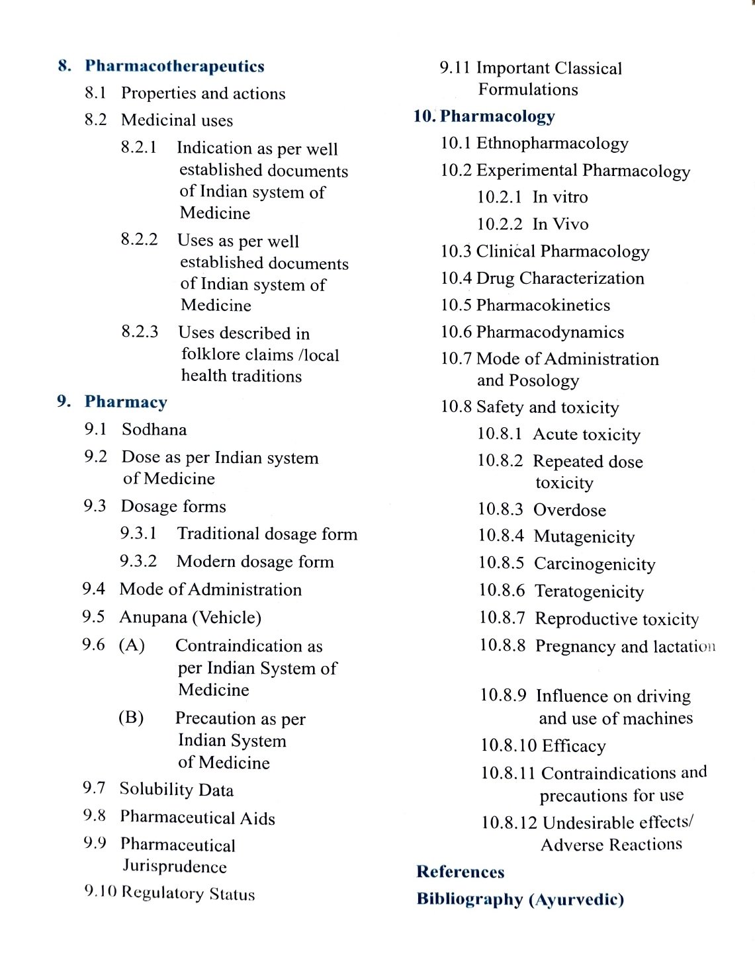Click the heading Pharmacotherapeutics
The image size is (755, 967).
[175, 66]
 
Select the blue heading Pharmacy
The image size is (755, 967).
[126, 402]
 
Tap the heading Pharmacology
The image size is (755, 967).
[497, 116]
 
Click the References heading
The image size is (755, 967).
[460, 872]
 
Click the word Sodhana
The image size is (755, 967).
[154, 430]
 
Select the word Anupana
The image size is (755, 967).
[153, 617]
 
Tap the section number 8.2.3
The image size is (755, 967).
[140, 331]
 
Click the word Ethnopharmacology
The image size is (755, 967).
[552, 144]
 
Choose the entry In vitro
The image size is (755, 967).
[560, 197]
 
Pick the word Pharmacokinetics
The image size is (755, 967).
[543, 305]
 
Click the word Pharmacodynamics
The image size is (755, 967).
[550, 332]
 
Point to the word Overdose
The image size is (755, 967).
[569, 510]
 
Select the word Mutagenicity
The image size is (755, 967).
[584, 536]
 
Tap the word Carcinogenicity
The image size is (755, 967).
[594, 564]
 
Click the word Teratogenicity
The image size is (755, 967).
[589, 591]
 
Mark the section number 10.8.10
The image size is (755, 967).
[508, 745]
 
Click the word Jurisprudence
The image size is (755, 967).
[175, 866]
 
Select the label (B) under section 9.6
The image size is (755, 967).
[131, 718]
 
